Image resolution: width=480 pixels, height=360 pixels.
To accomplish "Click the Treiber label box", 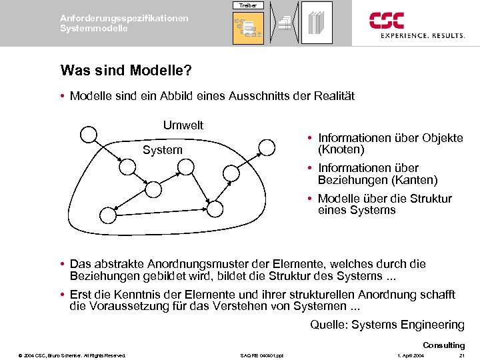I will click(x=248, y=5).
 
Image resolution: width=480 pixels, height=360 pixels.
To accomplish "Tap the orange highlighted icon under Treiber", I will click(x=248, y=28).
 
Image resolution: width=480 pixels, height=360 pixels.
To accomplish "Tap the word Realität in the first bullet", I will click(x=332, y=96).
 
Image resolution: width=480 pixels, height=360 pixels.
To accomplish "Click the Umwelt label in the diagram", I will click(x=183, y=125).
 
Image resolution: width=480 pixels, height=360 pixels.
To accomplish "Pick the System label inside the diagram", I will click(x=162, y=150).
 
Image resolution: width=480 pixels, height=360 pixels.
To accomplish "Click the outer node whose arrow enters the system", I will click(x=88, y=135).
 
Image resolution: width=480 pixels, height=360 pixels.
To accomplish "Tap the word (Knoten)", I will click(x=341, y=149).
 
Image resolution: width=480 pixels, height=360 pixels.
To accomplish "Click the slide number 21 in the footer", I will click(x=461, y=355).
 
